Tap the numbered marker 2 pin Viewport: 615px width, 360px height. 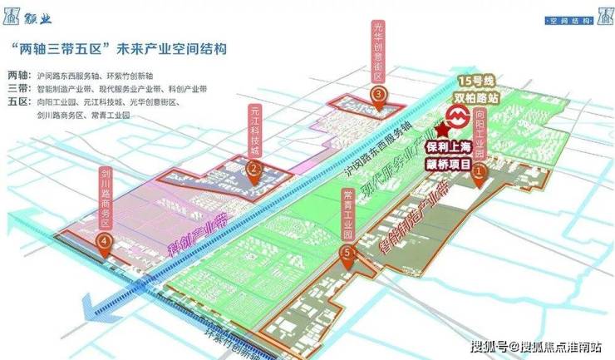[253, 167]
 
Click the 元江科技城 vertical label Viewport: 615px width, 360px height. [253, 130]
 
